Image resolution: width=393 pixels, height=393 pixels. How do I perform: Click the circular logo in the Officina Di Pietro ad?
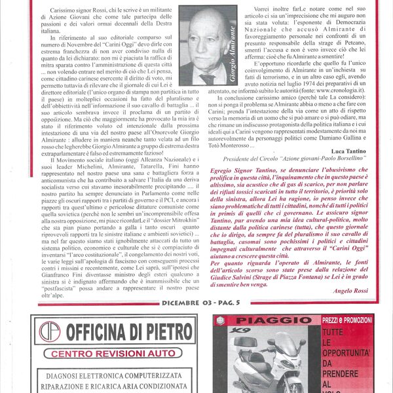tap(49, 331)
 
